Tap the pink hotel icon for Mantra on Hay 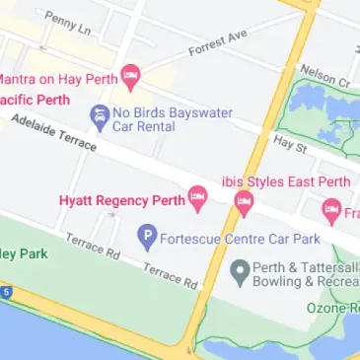pyautogui.click(x=130, y=76)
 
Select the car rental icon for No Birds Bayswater pyautogui.click(x=100, y=118)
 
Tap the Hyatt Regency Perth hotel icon pyautogui.click(x=197, y=197)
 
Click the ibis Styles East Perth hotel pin pyautogui.click(x=244, y=203)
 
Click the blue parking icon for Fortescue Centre pyautogui.click(x=146, y=236)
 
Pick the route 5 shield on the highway pyautogui.click(x=5, y=293)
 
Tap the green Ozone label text pyautogui.click(x=331, y=308)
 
